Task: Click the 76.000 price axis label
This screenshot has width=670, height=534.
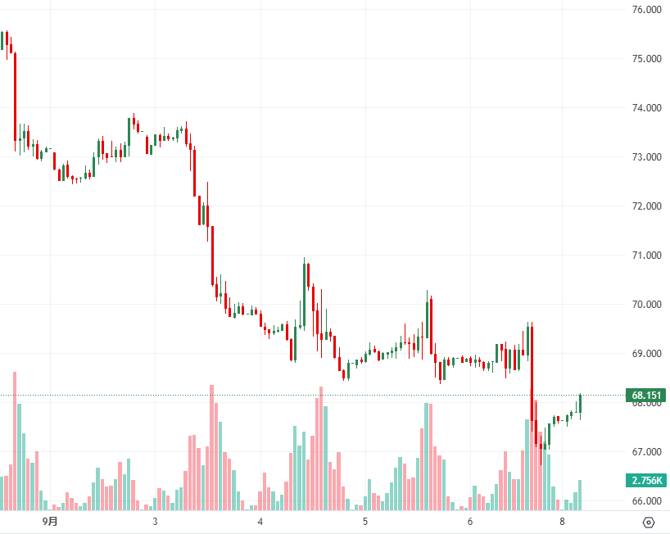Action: [x=647, y=10]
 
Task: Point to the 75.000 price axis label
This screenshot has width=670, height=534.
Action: [x=647, y=59]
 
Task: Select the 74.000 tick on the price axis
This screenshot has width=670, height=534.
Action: [x=647, y=108]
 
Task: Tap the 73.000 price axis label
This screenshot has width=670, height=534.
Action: [x=647, y=157]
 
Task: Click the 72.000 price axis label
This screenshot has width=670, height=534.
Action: [x=647, y=206]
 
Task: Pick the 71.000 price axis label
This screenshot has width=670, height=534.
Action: [x=647, y=256]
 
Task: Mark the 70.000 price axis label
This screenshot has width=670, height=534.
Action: [x=647, y=305]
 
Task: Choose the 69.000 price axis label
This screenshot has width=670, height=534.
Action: [x=647, y=354]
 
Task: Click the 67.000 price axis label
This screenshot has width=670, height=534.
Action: [x=647, y=452]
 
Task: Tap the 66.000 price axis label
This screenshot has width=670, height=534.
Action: [x=647, y=501]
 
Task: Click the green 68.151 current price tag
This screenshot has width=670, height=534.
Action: [x=646, y=396]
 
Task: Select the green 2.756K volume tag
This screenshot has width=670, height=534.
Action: [x=646, y=480]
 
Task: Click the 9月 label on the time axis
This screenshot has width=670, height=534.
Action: [x=51, y=522]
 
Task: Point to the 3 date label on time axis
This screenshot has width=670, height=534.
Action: [x=155, y=522]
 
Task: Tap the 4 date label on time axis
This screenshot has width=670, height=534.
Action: [x=260, y=522]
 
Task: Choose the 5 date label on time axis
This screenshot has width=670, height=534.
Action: [x=365, y=522]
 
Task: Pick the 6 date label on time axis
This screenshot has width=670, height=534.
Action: [x=470, y=522]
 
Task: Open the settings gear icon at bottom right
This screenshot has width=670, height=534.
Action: [x=649, y=523]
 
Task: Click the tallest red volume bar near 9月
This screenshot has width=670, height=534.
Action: [x=15, y=442]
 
